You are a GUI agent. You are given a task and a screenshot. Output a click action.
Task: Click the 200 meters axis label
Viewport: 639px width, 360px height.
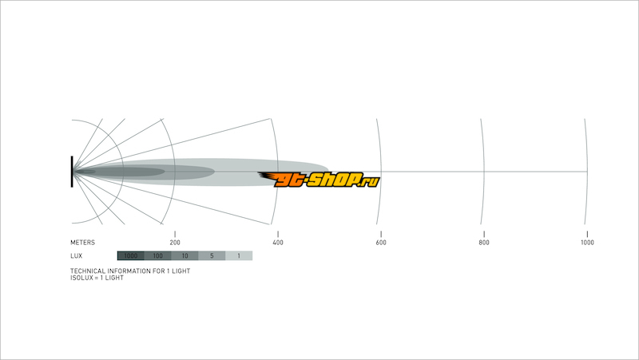(175, 243)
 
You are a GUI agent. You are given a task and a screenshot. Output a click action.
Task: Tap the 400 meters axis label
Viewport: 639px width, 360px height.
(278, 243)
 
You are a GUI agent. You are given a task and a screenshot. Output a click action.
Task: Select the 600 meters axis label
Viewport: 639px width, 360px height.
(381, 243)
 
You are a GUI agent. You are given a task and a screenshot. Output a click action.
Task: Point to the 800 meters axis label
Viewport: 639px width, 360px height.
(484, 243)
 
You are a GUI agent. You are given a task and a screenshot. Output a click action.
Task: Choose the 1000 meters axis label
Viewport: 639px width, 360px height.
(587, 243)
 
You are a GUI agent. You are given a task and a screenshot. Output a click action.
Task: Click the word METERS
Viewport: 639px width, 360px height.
(82, 243)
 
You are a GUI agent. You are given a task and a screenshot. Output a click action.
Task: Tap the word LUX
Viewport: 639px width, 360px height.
(76, 256)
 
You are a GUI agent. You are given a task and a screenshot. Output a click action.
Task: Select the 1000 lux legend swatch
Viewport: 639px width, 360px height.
(131, 255)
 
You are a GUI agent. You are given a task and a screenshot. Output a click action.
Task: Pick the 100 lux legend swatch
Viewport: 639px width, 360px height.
(157, 255)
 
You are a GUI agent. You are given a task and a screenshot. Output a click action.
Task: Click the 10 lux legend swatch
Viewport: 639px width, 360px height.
(185, 255)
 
